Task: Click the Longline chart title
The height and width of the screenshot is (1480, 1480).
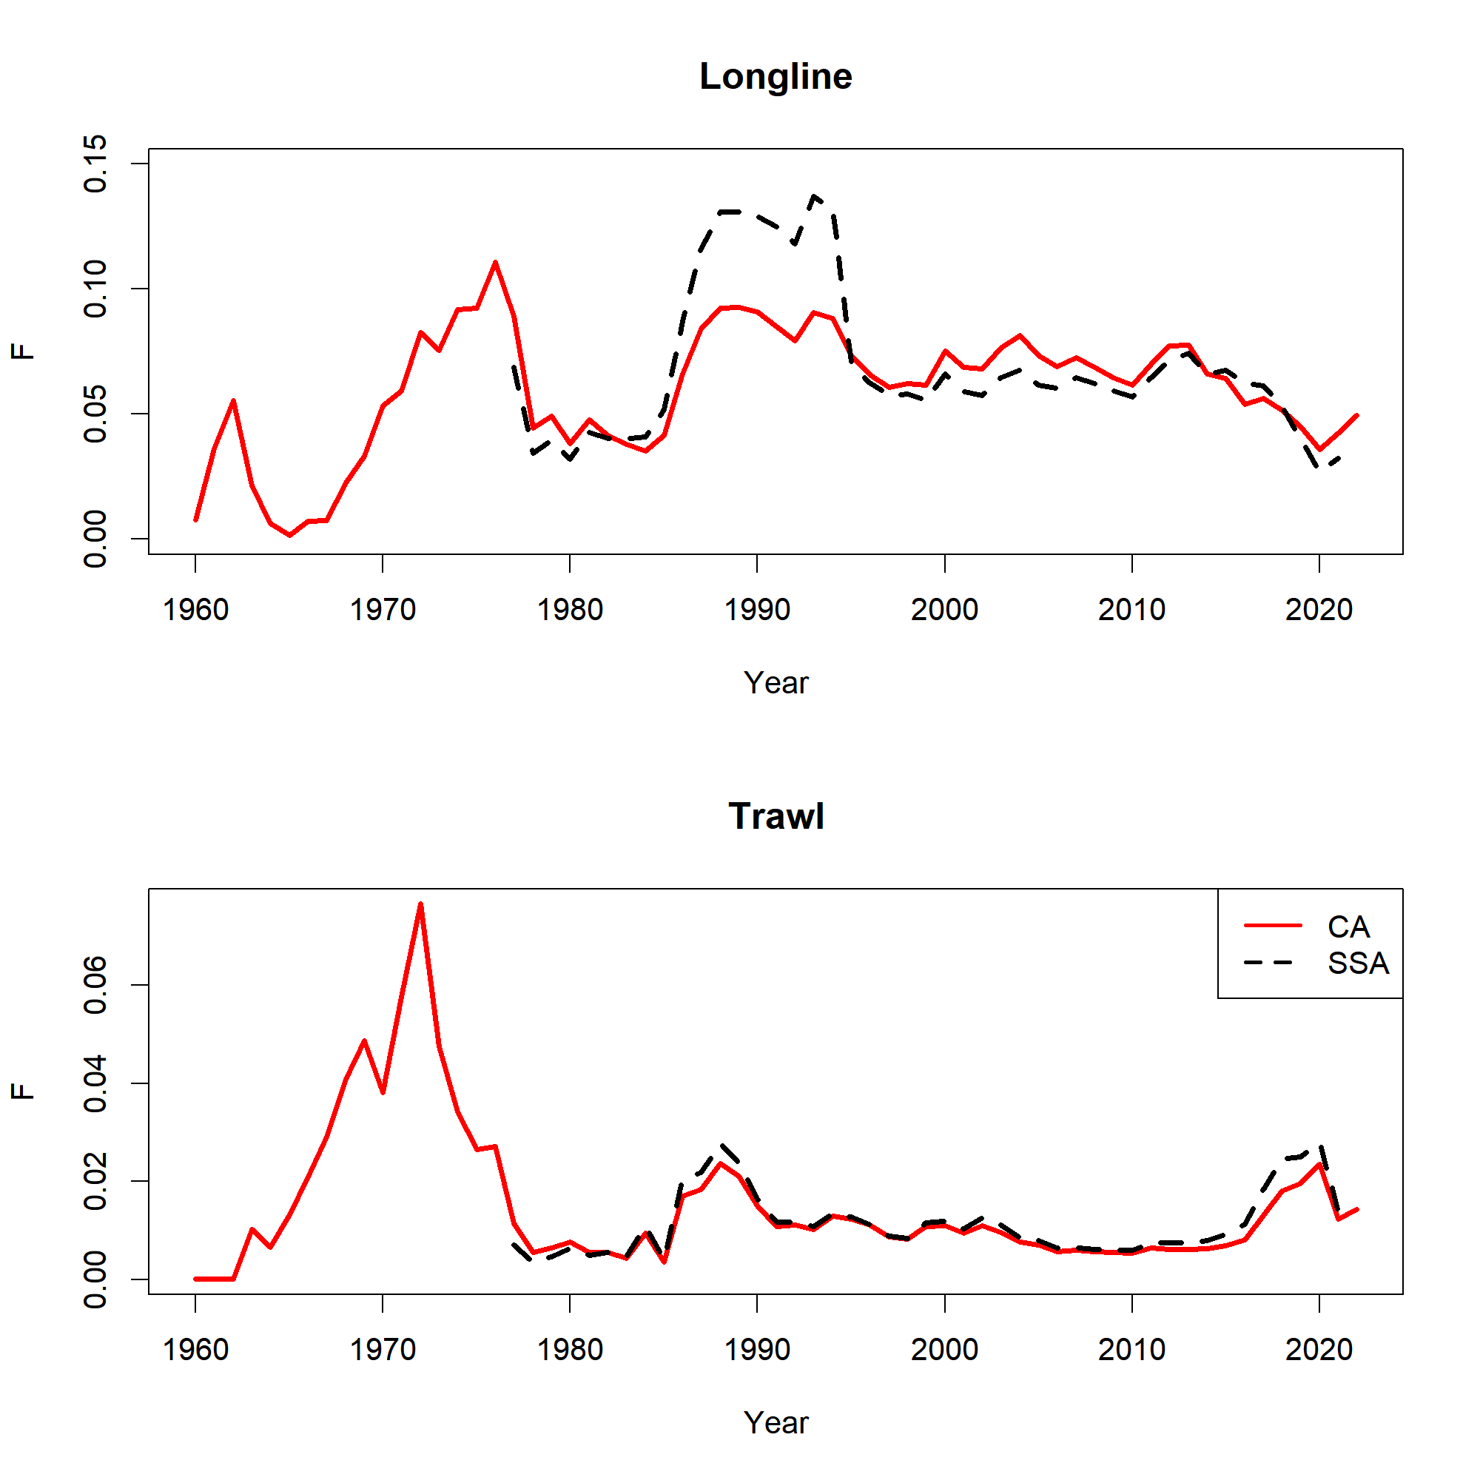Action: tap(776, 77)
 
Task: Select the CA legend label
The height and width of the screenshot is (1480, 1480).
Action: tap(1348, 927)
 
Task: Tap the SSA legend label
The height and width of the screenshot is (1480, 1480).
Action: tap(1357, 963)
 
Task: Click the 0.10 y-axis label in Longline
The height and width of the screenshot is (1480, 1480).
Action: tap(95, 289)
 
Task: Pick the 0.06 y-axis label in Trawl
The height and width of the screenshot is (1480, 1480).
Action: tap(95, 984)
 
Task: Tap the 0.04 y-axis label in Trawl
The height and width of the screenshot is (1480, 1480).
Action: tap(95, 1083)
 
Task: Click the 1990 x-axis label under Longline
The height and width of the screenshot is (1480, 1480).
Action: tap(757, 610)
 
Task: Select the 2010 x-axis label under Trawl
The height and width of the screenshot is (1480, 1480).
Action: tap(1131, 1350)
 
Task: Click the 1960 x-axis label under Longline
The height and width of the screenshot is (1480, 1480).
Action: tap(195, 610)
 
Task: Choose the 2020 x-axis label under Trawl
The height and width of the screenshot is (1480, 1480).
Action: tap(1319, 1350)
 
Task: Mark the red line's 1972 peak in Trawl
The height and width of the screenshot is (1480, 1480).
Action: tap(420, 905)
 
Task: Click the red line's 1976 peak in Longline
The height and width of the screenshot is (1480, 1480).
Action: tap(495, 263)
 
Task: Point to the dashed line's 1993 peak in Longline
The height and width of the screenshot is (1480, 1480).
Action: tap(814, 196)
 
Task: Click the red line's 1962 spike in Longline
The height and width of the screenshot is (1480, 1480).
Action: tap(233, 400)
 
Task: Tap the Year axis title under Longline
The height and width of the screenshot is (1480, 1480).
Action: tap(776, 682)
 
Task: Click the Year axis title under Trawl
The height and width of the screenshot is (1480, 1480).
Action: tap(776, 1422)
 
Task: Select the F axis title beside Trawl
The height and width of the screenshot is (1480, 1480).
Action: tap(23, 1091)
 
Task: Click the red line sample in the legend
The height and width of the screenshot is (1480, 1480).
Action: tap(1272, 926)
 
